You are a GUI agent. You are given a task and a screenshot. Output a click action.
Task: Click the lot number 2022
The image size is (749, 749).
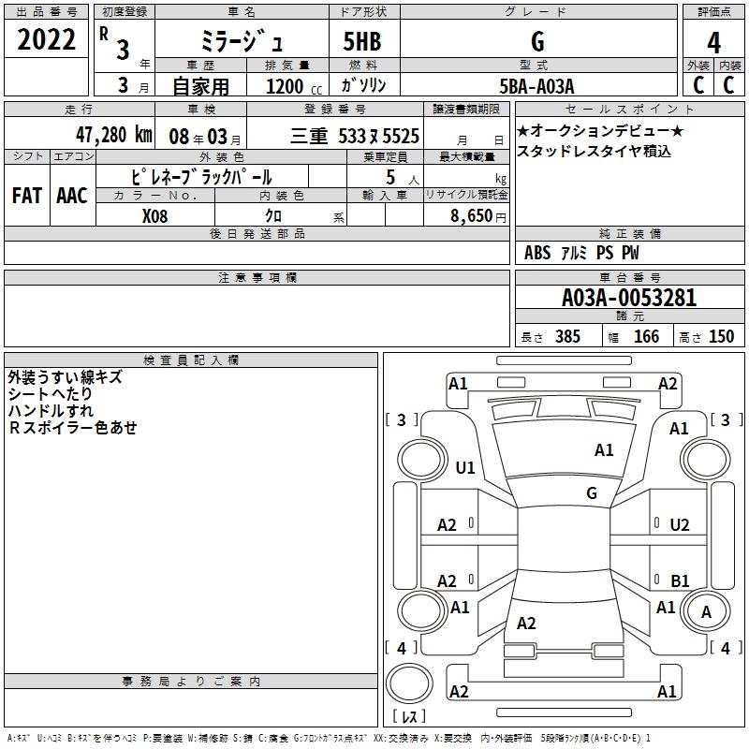point(46,39)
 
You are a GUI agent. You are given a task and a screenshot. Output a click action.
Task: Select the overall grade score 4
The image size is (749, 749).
point(713,42)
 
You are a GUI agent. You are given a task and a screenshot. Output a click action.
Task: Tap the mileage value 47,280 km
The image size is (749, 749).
point(113,135)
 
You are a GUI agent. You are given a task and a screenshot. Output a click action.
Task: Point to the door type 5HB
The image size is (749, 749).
point(362,41)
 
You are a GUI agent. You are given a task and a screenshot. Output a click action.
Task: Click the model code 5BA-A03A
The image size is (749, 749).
point(536,86)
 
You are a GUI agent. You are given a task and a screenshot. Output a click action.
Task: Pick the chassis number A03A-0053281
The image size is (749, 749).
point(629,298)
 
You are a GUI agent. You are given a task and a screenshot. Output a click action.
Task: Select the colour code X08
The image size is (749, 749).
point(154,216)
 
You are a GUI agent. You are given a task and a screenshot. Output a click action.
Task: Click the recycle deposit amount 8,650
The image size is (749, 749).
point(471,216)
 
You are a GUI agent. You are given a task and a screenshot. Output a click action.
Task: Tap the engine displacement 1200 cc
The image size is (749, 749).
point(294,86)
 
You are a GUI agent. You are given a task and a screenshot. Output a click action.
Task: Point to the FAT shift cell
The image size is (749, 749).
point(27,196)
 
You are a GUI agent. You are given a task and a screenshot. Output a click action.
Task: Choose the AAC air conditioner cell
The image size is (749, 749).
point(72,196)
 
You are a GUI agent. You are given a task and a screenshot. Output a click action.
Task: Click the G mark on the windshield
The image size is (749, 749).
point(592,492)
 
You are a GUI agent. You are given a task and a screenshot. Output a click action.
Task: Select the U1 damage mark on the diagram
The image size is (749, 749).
point(465,467)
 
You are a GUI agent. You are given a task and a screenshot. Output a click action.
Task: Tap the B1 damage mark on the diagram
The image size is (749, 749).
point(680,580)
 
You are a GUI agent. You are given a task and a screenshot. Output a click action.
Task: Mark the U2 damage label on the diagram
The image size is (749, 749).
point(680,525)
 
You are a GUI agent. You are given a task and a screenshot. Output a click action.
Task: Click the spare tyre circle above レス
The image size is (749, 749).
point(409,683)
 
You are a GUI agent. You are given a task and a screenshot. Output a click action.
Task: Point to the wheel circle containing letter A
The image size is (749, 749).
point(706,611)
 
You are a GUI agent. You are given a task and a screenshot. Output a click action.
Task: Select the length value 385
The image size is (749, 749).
point(567,336)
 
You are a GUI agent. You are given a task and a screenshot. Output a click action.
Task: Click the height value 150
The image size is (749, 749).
point(721,336)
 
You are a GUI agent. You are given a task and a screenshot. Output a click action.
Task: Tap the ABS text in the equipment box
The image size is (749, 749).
point(537,253)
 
